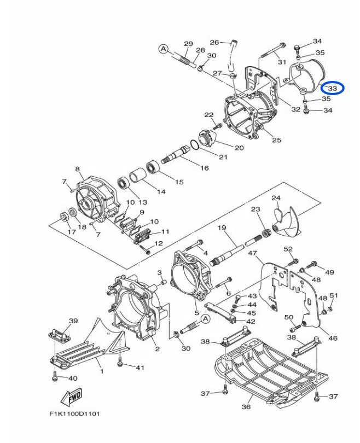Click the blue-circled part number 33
[332, 88]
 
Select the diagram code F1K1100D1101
[74, 414]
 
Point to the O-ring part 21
[194, 144]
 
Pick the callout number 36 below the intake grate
[246, 406]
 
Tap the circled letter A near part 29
[163, 49]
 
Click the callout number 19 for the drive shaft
[222, 228]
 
